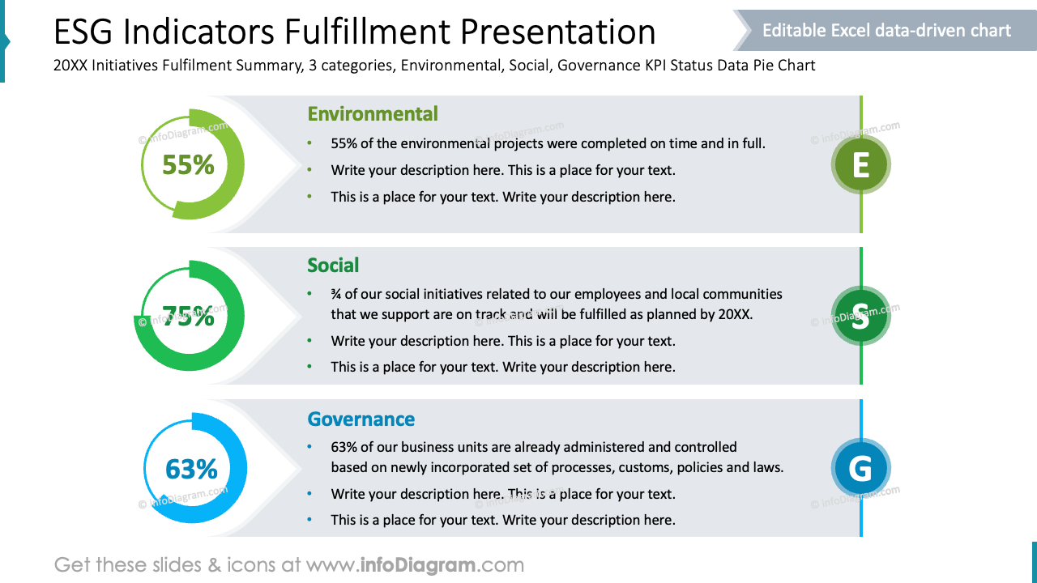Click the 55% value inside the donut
188,164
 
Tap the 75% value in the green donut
188,316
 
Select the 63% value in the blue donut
191,469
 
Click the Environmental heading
373,114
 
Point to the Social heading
333,266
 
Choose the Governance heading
361,419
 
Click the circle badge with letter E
860,165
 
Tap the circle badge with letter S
860,316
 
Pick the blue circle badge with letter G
860,468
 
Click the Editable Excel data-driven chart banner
886,31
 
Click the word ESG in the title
87,32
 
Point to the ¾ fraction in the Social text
335,294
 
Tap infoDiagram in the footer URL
416,564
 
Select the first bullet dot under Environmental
309,144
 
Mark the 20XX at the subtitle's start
70,66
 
